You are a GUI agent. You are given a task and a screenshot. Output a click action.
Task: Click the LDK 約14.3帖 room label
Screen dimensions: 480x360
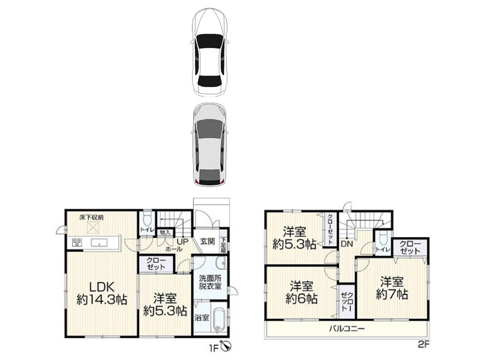tap(101, 293)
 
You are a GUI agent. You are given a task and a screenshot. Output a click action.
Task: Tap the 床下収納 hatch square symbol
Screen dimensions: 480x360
tap(92, 227)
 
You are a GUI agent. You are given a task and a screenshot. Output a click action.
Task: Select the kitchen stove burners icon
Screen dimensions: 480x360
tap(77, 243)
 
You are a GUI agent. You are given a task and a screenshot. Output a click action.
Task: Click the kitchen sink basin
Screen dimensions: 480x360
tap(99, 243)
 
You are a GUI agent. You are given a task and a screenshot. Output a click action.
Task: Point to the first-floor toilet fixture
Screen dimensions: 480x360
tap(148, 218)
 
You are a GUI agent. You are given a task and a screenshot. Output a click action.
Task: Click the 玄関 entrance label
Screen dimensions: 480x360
tap(208, 241)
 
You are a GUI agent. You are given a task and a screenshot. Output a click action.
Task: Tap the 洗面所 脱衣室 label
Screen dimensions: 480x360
tap(210, 282)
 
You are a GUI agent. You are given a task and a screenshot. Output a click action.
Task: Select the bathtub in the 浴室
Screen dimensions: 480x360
tap(219, 319)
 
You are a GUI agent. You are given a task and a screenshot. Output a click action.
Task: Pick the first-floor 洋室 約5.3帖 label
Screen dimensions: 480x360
tap(166, 305)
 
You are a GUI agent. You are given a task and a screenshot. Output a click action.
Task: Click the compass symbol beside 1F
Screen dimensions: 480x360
tap(227, 346)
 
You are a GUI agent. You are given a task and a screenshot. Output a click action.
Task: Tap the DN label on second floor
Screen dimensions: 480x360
tap(347, 244)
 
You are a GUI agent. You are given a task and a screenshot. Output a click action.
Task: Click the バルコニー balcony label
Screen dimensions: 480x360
tap(347, 329)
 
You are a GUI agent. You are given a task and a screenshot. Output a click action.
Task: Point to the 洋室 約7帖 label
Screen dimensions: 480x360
tap(392, 288)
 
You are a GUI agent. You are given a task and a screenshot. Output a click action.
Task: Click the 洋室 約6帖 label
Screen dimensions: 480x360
tap(302, 292)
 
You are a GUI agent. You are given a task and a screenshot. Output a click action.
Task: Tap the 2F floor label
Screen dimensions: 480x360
tap(424, 344)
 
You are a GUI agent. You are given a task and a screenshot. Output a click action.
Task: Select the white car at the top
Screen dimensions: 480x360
tap(209, 52)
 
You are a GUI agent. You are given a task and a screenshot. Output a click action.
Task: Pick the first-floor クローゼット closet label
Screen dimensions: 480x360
tap(156, 263)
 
